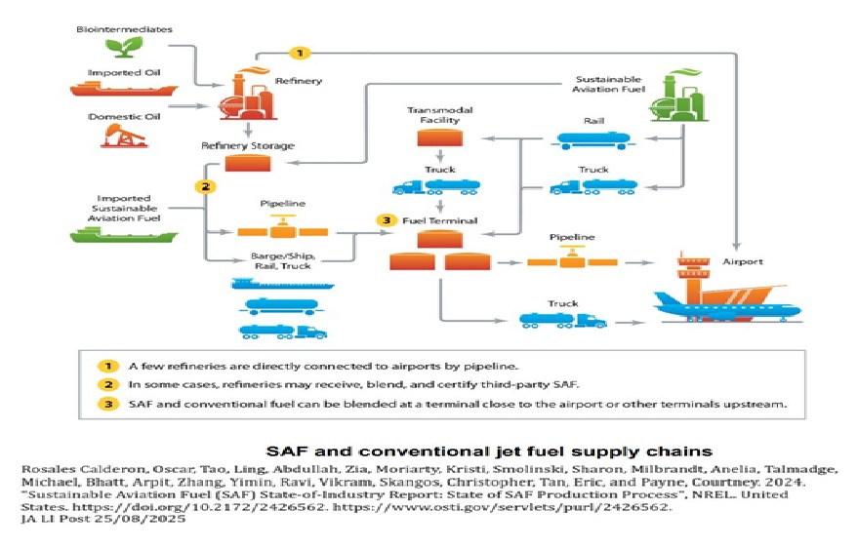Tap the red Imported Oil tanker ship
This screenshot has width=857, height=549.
(123, 90)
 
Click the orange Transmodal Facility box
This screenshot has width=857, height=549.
(439, 137)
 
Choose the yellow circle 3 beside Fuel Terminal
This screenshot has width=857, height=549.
(388, 220)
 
